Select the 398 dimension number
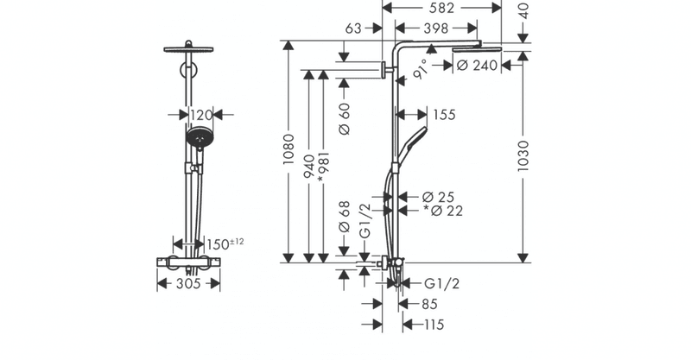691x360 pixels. (436, 28)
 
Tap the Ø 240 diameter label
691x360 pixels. (478, 66)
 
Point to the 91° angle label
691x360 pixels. (421, 69)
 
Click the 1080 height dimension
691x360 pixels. (288, 150)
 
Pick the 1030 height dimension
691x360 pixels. (523, 156)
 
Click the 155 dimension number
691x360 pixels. (444, 115)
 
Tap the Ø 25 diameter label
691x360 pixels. (438, 197)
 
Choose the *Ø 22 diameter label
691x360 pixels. (443, 211)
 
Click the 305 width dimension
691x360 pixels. (188, 284)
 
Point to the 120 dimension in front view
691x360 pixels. (201, 116)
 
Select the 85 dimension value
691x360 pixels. (429, 304)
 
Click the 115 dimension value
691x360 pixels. (434, 325)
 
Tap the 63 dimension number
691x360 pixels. (353, 28)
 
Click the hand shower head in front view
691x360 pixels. (200, 138)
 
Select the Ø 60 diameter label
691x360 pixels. (345, 118)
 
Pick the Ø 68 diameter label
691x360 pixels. (345, 217)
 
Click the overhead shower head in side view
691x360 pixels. (477, 49)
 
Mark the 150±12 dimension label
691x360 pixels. (225, 243)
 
